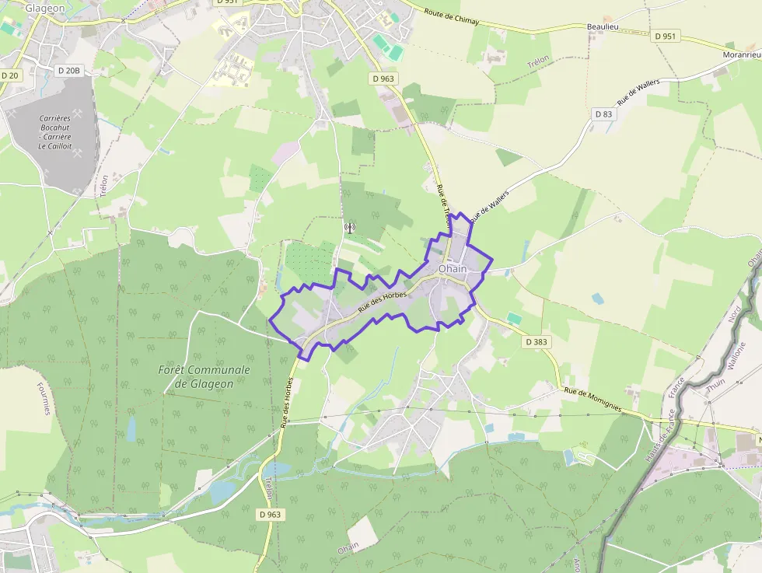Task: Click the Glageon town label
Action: coord(44,8)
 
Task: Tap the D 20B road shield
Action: coord(68,71)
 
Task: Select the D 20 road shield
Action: coord(9,75)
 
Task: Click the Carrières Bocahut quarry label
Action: coord(55,132)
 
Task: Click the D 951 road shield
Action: coord(666,37)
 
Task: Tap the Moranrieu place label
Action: coord(741,55)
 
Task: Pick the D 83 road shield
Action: coord(603,114)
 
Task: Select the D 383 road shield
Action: coord(537,341)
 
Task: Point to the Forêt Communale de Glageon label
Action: coord(204,376)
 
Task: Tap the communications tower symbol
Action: coord(349,228)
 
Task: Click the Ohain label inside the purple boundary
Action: coord(453,269)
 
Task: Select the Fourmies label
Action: coord(43,397)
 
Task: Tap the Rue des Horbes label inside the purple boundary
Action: coord(383,302)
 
